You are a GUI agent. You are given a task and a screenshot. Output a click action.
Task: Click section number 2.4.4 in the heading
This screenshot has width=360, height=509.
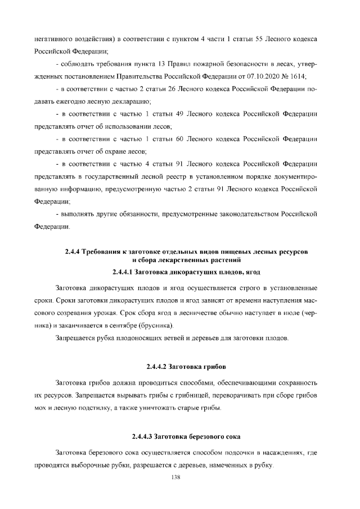click(x=75, y=250)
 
